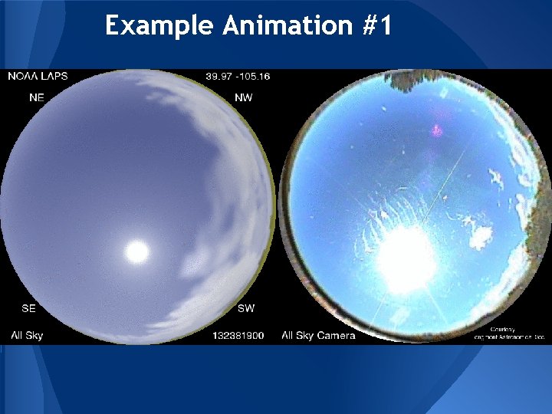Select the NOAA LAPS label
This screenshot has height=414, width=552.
point(38,76)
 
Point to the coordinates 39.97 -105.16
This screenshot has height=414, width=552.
point(238,76)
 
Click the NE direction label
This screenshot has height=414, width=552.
point(36,97)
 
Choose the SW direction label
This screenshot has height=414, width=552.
point(246,308)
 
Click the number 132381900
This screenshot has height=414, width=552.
point(237,335)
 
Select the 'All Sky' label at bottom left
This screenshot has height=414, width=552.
point(27,335)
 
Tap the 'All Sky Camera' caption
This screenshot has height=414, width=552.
point(318,335)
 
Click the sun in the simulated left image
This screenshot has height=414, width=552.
point(136,250)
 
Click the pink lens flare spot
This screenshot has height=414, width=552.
point(438,130)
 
